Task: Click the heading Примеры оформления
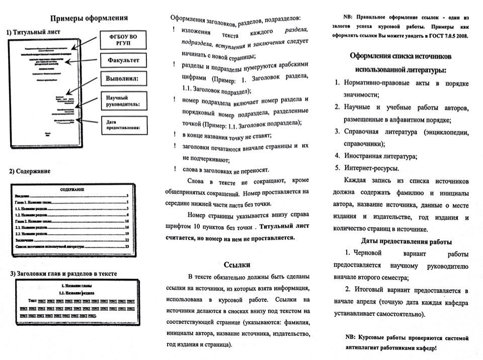[89, 19]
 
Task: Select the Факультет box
[123, 61]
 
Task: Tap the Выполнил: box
[122, 79]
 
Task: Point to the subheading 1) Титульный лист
[30, 32]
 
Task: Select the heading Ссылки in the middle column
[237, 265]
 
